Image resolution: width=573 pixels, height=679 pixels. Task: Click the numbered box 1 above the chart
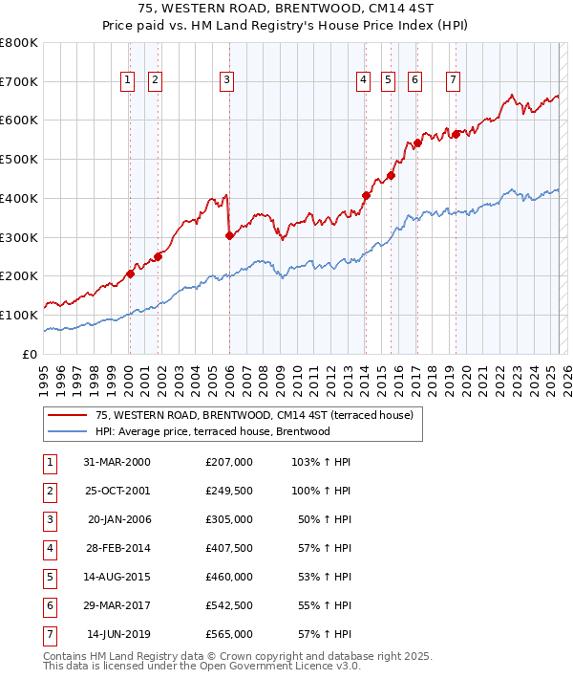[128, 81]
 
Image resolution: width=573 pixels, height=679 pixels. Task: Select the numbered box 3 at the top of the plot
[226, 81]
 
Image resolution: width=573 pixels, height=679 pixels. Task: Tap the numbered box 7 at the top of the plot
[452, 81]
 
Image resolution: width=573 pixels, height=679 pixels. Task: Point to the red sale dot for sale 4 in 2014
[366, 195]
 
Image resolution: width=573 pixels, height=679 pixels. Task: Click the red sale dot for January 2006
[229, 235]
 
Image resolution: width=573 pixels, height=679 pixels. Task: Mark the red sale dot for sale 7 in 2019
[456, 134]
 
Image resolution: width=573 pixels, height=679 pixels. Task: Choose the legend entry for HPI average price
[212, 431]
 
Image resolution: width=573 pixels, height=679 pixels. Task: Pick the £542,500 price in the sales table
[229, 605]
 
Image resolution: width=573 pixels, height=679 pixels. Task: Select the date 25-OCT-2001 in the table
[117, 491]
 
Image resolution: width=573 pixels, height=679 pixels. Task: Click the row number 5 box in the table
[49, 577]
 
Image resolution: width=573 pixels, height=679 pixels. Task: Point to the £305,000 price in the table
[229, 519]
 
